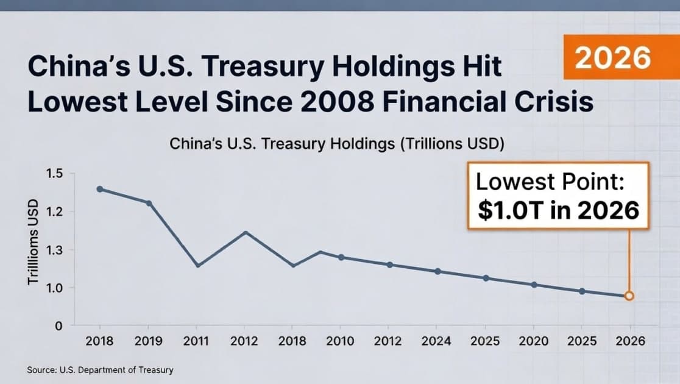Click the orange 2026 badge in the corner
point(612,58)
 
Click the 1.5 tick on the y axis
point(54,174)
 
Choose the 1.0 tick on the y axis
point(54,288)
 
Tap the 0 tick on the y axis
point(58,326)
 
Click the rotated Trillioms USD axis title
point(33,243)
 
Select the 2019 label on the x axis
point(148,341)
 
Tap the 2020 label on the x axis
point(534,341)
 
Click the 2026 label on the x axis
point(629,341)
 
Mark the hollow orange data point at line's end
point(629,296)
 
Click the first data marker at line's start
point(100,189)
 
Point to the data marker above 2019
point(148,203)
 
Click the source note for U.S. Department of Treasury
point(101,370)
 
